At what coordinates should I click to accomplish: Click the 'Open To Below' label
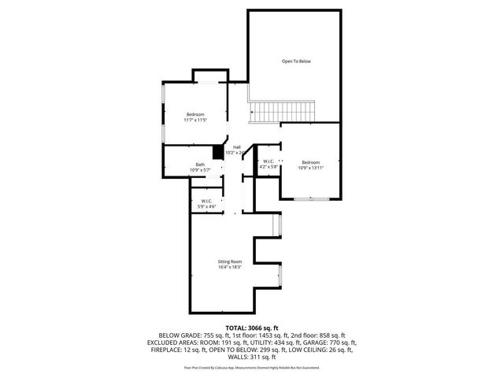(x=297, y=61)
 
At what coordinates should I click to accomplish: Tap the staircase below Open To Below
(x=283, y=112)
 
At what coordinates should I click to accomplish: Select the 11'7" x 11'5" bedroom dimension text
(x=195, y=120)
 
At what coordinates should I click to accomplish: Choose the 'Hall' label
(x=236, y=147)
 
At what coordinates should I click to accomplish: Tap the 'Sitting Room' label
(x=230, y=261)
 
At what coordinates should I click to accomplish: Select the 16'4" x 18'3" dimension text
(x=230, y=267)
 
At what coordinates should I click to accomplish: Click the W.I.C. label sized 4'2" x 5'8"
(x=269, y=161)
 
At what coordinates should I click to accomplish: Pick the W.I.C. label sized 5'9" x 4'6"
(x=207, y=201)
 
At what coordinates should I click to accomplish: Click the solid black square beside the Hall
(x=218, y=153)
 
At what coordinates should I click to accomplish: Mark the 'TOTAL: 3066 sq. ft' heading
(x=252, y=327)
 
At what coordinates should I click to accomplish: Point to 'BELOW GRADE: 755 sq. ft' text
(x=190, y=335)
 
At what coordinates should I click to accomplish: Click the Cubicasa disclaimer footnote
(x=252, y=367)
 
